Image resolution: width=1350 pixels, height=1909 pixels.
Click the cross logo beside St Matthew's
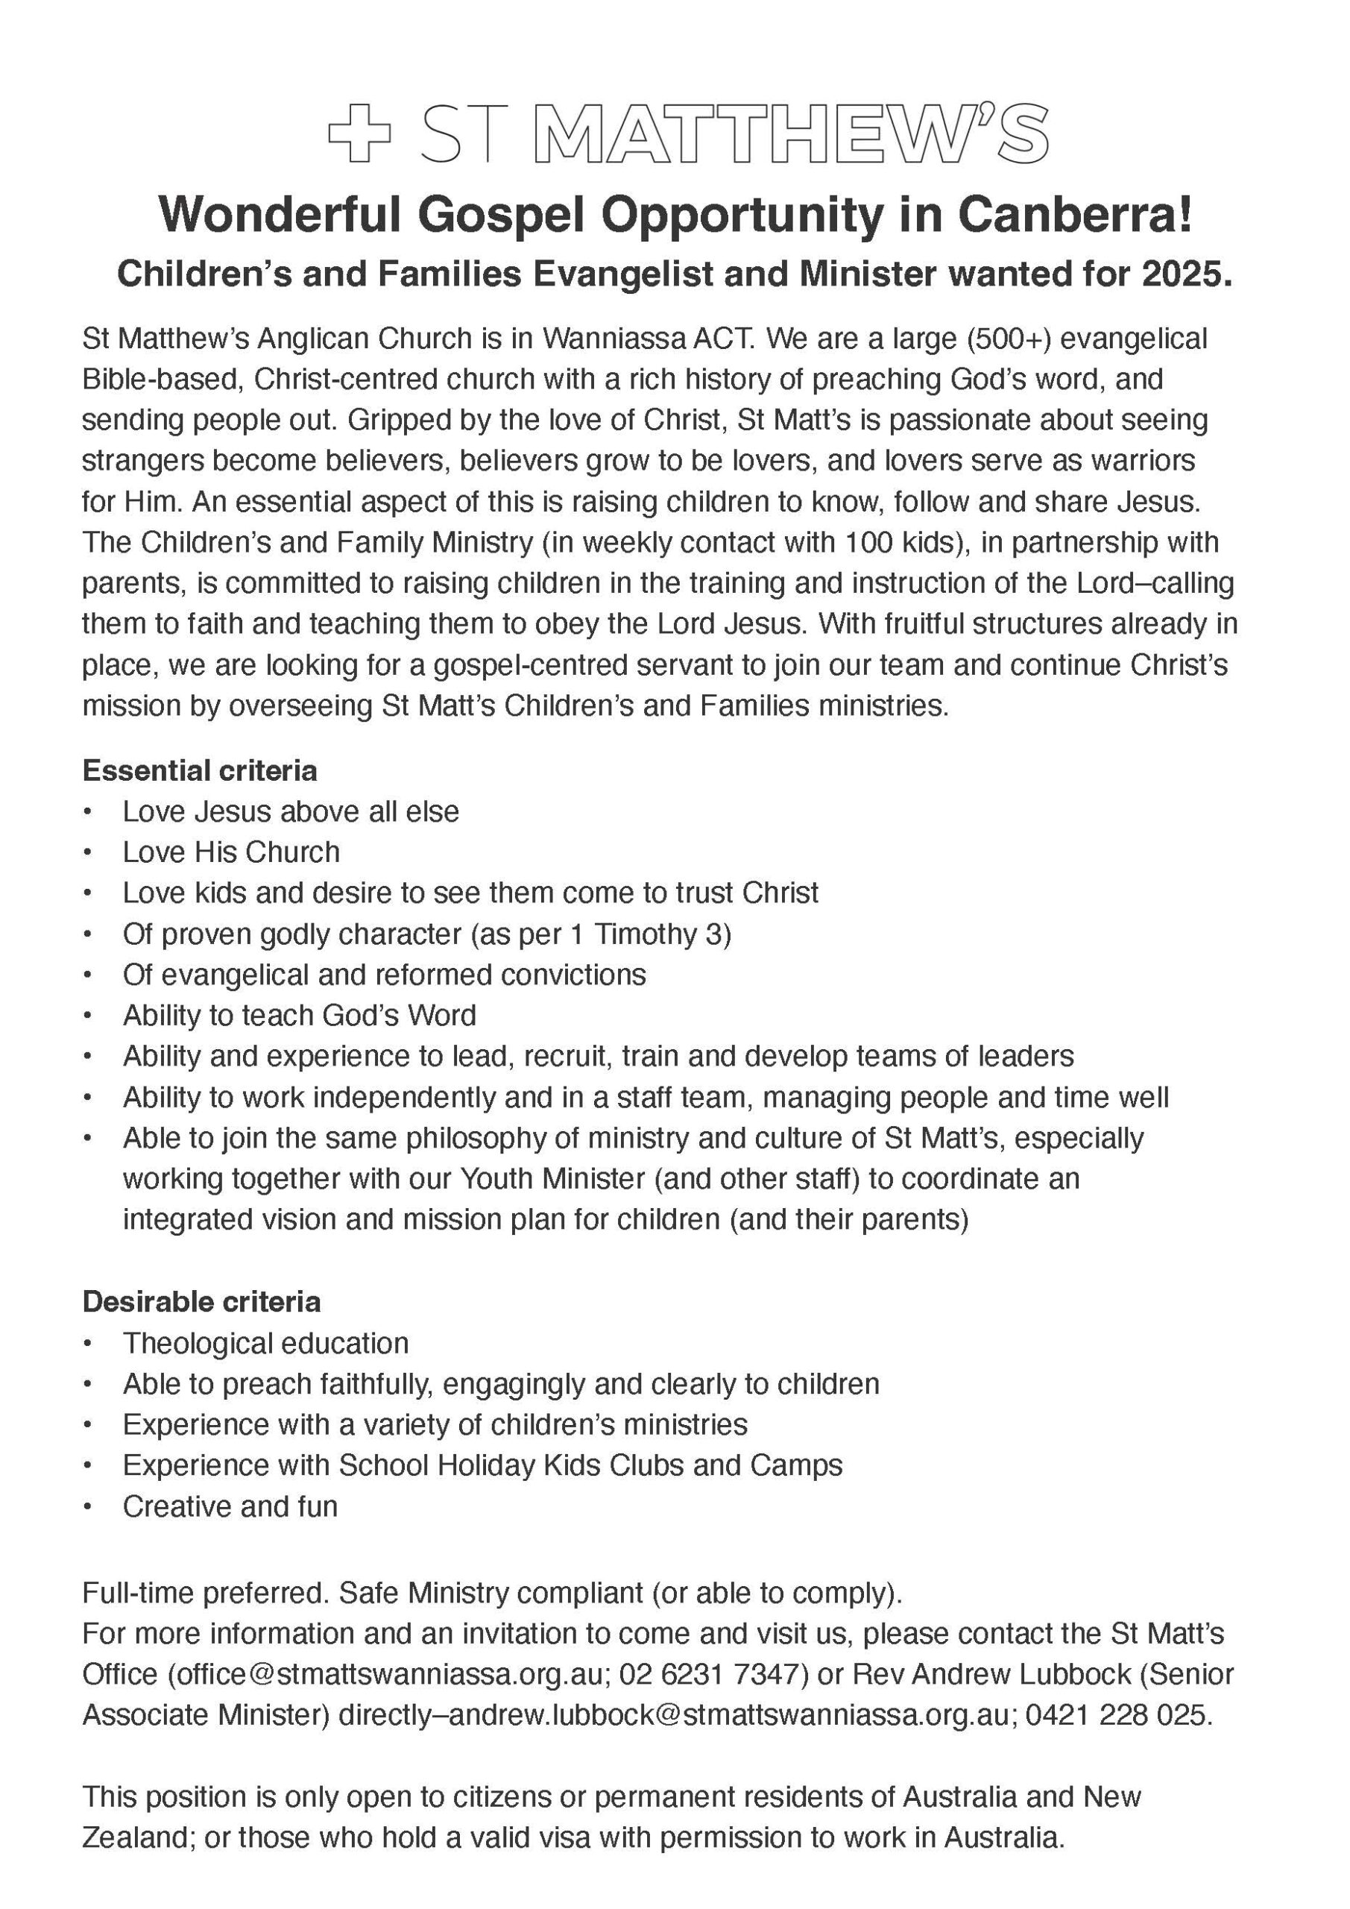tap(359, 133)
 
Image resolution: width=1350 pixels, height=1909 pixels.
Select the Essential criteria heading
tap(200, 771)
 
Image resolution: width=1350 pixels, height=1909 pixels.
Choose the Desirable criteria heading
tap(201, 1301)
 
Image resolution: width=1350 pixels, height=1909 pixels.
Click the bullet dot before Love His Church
tap(87, 852)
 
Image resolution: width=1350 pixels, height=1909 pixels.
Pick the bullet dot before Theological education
tap(87, 1343)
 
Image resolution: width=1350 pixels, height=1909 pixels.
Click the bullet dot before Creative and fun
tap(87, 1506)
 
